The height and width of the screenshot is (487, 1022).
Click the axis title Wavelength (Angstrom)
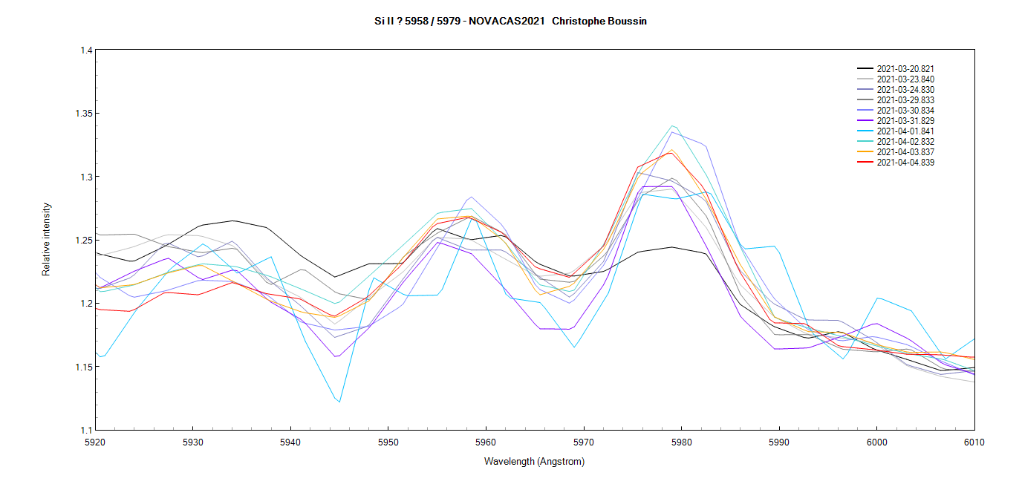tap(534, 462)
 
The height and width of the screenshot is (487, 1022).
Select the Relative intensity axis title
tap(47, 239)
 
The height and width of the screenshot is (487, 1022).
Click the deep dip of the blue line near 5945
tap(339, 402)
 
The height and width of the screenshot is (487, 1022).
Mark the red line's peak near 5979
tap(671, 153)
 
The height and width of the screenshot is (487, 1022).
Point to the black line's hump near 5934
tap(232, 220)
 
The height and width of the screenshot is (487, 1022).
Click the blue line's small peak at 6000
tap(878, 298)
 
